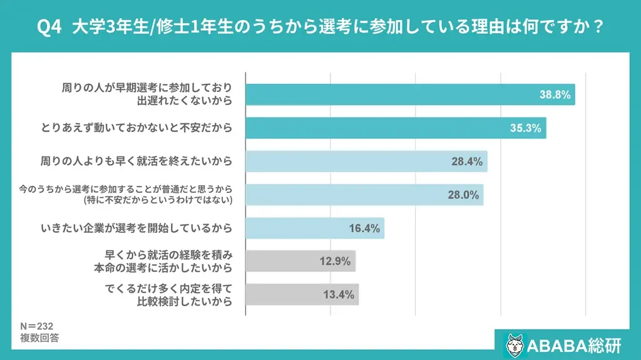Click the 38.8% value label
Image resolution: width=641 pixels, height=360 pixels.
pyautogui.click(x=555, y=95)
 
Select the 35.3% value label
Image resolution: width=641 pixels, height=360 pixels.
pyautogui.click(x=526, y=128)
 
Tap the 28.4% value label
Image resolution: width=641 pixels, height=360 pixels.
pyautogui.click(x=467, y=162)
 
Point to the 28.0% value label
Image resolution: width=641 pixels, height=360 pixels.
pyautogui.click(x=463, y=195)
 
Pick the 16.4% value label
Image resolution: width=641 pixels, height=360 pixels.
pyautogui.click(x=364, y=228)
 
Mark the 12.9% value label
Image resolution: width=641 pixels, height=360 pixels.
pyautogui.click(x=335, y=261)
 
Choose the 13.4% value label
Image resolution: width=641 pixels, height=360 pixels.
pyautogui.click(x=339, y=294)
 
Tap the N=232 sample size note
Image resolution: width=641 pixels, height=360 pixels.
pyautogui.click(x=36, y=326)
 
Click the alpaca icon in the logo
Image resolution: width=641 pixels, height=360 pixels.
pyautogui.click(x=515, y=344)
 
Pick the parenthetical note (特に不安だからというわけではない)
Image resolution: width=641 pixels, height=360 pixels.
pyautogui.click(x=157, y=200)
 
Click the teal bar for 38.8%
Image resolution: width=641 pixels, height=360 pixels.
pyautogui.click(x=388, y=95)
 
